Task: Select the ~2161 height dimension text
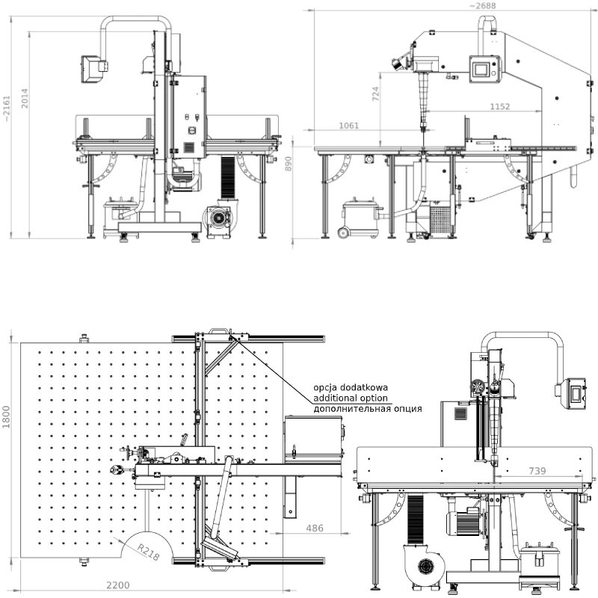point(7,108)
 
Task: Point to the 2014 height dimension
point(24,99)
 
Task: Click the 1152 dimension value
point(499,107)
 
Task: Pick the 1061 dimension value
point(349,126)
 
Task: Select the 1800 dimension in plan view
point(7,417)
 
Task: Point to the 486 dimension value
point(315,528)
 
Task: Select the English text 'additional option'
point(351,398)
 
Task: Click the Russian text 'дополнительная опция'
point(367,410)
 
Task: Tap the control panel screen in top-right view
point(482,68)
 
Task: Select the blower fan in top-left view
point(219,218)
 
